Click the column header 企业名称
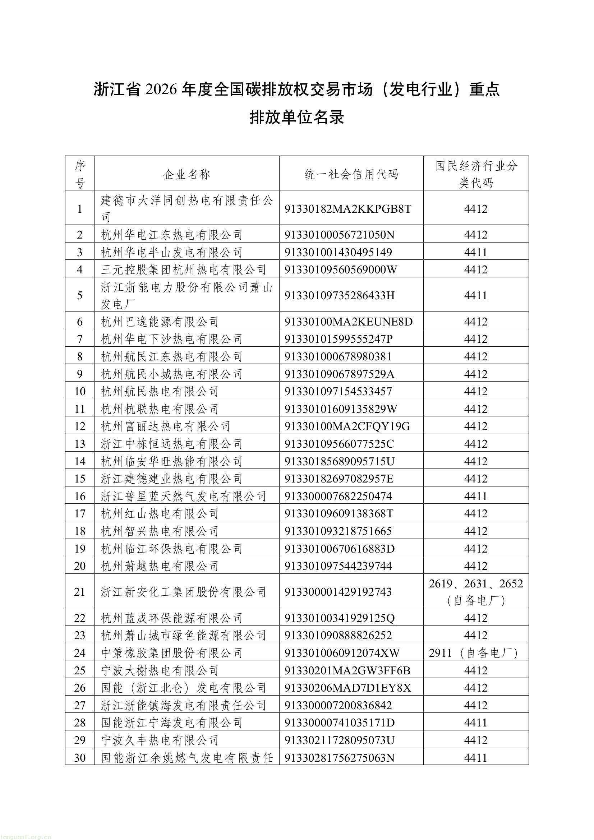tap(187, 174)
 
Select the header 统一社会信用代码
tap(351, 174)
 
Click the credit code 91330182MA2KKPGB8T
tap(348, 209)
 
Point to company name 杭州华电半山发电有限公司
tap(172, 252)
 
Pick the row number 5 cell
tap(80, 295)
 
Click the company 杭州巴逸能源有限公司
tap(160, 322)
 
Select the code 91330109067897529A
tap(340, 374)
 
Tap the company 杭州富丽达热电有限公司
tap(165, 426)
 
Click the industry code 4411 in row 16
tap(476, 496)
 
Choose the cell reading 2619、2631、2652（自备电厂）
tap(476, 592)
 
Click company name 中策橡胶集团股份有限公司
tap(172, 653)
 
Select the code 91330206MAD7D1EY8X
tap(348, 688)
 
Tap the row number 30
tap(80, 758)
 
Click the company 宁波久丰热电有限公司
tap(160, 740)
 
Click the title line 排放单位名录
tap(297, 117)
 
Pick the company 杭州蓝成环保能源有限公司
tap(172, 618)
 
